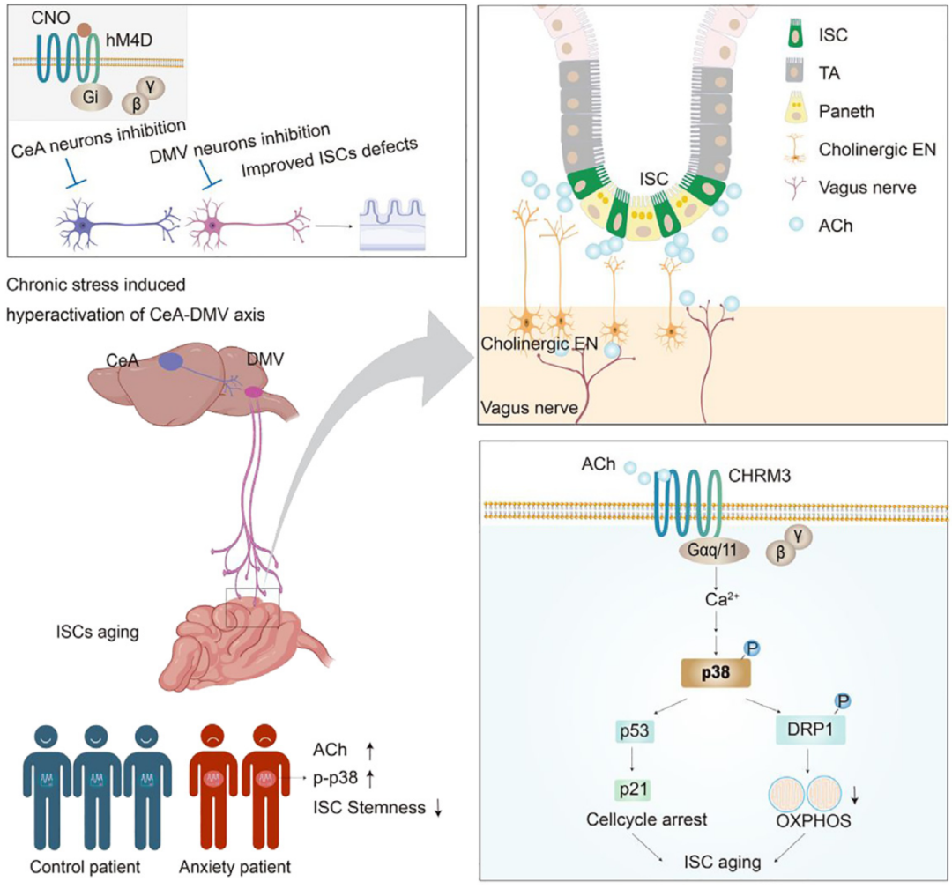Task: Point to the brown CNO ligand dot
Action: pos(83,30)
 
